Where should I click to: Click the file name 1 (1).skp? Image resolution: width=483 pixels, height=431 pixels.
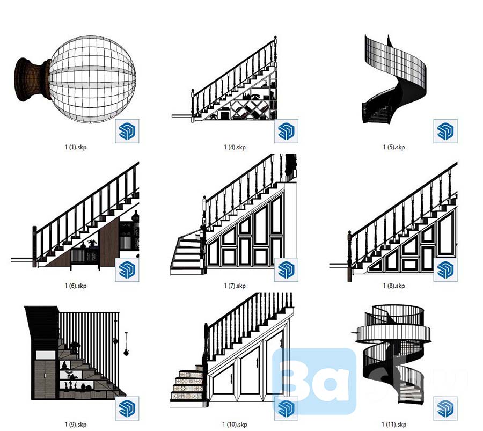(76, 147)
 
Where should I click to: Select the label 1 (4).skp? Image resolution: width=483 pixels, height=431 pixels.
(235, 147)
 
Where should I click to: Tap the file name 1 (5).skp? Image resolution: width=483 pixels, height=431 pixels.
(394, 147)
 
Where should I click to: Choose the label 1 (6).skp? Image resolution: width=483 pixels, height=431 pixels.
(76, 286)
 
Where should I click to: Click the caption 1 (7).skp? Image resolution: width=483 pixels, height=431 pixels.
(235, 286)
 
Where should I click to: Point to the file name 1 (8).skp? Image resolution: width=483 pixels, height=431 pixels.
(394, 286)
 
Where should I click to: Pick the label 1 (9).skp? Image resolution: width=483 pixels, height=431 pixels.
(76, 425)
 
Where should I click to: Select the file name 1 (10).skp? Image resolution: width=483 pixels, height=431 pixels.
(235, 425)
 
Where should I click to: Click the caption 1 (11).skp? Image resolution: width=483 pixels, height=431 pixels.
(394, 425)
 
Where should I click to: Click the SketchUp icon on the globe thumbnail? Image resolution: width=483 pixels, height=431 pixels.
(127, 132)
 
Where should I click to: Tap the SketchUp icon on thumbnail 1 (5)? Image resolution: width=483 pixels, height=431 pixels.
(445, 132)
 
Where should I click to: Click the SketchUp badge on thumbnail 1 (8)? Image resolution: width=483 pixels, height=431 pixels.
(445, 270)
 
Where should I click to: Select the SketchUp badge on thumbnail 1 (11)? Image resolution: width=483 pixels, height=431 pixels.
(445, 408)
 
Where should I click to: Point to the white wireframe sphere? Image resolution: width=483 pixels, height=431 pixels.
(92, 79)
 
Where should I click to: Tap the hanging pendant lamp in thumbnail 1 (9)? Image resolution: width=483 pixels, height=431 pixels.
(126, 344)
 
